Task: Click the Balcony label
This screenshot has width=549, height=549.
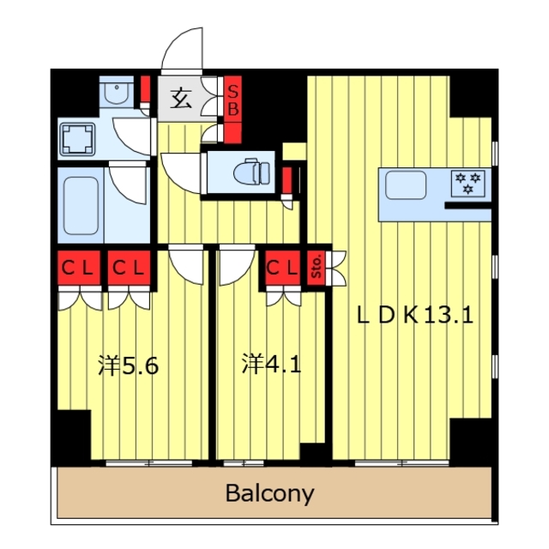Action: [x=269, y=493]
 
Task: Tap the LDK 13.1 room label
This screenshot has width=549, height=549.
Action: [x=415, y=315]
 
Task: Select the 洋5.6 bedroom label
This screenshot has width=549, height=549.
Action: [x=129, y=366]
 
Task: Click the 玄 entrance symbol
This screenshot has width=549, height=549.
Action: [x=181, y=99]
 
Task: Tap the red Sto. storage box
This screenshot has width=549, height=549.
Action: [x=317, y=268]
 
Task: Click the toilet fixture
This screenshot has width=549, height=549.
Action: [x=252, y=172]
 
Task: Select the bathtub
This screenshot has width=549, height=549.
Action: [x=81, y=205]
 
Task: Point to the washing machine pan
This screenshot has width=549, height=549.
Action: [x=78, y=139]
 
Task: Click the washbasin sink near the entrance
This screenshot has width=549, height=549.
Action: [x=117, y=92]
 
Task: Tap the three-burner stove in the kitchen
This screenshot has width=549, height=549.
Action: [x=468, y=184]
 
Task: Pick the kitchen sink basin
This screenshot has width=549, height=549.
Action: [x=406, y=186]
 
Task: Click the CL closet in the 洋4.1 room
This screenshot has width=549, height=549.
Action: [x=282, y=268]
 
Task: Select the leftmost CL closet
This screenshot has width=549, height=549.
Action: [x=79, y=268]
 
